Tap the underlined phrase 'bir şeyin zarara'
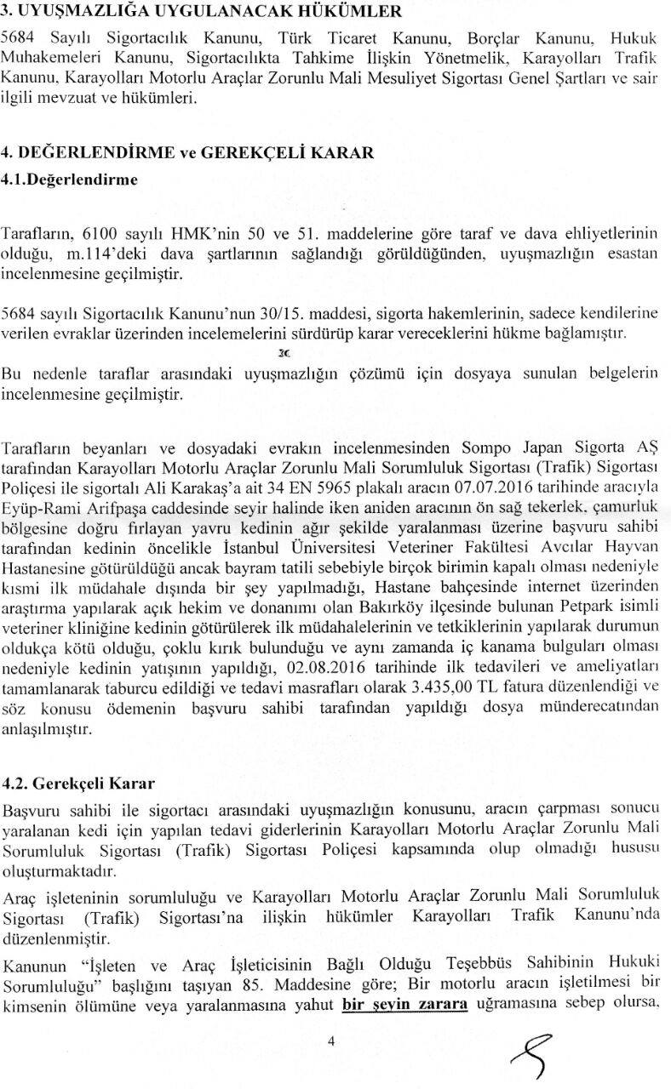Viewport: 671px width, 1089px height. click(x=406, y=1002)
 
